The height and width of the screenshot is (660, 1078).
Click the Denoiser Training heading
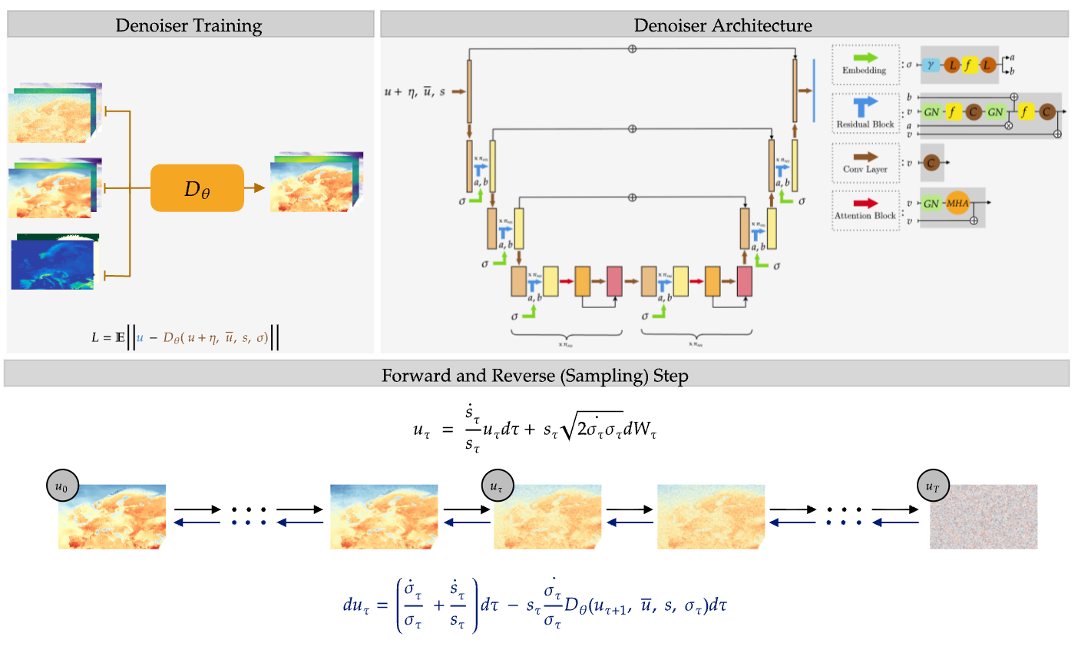pos(189,25)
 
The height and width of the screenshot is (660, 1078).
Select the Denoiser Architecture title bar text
pos(723,25)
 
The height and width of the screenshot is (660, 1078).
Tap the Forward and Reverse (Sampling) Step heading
pos(535,376)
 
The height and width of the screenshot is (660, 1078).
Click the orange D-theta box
pos(197,188)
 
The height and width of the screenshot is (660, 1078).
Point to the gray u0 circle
pos(62,486)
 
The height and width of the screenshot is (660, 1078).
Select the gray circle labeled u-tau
pos(498,486)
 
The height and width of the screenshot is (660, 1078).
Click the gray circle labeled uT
pos(933,486)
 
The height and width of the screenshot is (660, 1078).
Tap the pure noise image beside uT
pos(984,516)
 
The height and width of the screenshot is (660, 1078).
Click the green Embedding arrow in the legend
pos(865,58)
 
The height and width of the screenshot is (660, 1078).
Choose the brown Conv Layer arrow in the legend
pos(865,158)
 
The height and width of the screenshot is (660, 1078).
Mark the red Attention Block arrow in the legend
pos(865,204)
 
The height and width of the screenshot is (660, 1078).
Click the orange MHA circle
pos(957,204)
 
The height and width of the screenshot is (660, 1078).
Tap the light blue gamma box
pos(931,65)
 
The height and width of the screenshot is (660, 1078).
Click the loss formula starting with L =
pos(184,337)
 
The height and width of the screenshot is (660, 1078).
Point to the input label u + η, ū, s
pos(415,92)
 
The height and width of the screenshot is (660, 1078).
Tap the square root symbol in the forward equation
pos(568,429)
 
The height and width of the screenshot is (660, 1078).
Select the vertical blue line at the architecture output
pos(814,90)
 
